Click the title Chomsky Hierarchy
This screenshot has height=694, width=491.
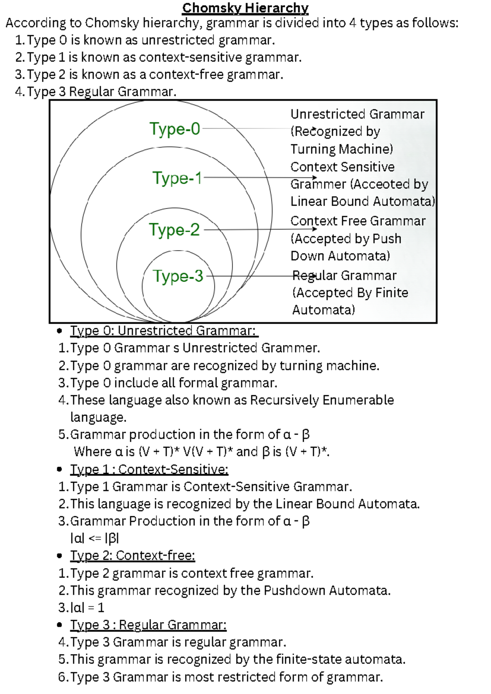point(245,8)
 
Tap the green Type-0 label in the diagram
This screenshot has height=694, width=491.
point(175,129)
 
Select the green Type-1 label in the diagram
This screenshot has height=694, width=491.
point(177,178)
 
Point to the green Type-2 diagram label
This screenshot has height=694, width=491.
point(174,230)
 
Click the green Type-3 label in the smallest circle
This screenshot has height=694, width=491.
point(178,276)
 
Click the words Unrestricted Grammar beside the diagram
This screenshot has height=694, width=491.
point(357,114)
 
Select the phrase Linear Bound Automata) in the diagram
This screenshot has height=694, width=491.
point(363,201)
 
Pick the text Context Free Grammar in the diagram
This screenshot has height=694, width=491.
point(358,221)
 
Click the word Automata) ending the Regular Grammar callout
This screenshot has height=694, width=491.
point(323,310)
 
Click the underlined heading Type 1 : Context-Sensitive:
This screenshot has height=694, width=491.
point(149,469)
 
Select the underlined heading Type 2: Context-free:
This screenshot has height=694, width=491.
point(133,555)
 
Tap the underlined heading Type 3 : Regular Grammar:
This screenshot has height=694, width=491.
point(148,625)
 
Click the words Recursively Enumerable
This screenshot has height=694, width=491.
point(322,400)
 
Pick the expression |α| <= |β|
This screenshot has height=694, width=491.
point(95,538)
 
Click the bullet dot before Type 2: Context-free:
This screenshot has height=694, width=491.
point(60,556)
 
